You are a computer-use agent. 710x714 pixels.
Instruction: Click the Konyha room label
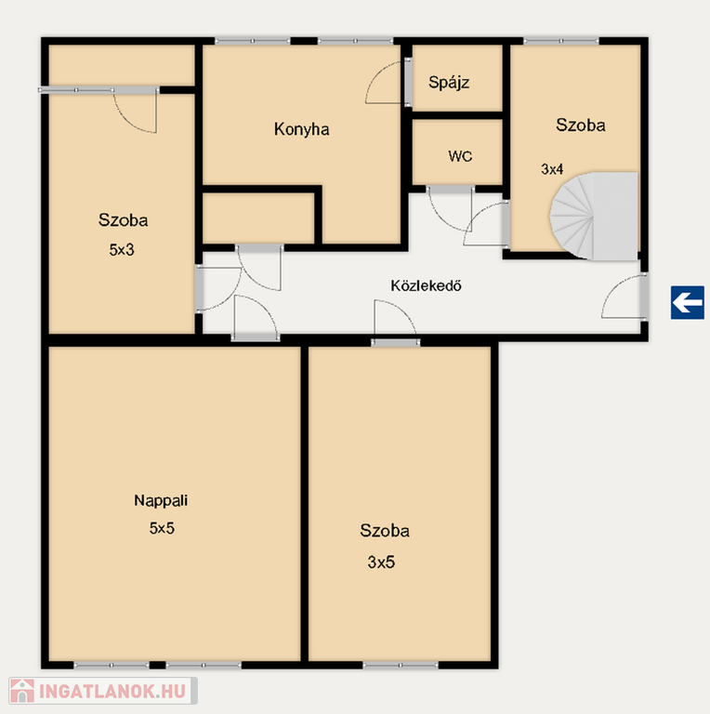point(301,129)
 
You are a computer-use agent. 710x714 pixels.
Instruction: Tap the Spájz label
point(449,83)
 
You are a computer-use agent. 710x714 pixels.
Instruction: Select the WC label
point(460,156)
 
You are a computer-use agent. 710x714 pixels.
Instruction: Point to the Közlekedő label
point(426,285)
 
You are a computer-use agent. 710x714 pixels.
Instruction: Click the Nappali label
point(161,501)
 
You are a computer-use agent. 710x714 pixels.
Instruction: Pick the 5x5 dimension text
point(162,528)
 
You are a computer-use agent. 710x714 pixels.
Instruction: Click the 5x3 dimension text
point(122,249)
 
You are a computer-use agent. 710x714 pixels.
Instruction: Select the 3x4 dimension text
point(552,169)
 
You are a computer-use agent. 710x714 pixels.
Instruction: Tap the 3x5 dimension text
point(381,562)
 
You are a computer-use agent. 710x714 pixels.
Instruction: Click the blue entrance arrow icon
point(688,302)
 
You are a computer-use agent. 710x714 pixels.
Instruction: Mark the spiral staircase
point(594,217)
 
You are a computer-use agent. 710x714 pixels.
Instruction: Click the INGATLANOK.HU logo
point(103,691)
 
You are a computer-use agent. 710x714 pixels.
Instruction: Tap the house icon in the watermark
point(22,691)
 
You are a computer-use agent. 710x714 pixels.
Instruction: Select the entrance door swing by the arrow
point(623,297)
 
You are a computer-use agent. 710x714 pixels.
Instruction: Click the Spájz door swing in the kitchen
point(385,83)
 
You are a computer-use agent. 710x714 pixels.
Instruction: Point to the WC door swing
point(450,209)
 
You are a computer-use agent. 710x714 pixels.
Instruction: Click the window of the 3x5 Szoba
point(401,666)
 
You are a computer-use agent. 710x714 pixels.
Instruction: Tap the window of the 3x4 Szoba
point(561,41)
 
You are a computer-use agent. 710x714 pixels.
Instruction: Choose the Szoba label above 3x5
point(385,531)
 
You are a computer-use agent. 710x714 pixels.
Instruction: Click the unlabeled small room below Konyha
point(258,218)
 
